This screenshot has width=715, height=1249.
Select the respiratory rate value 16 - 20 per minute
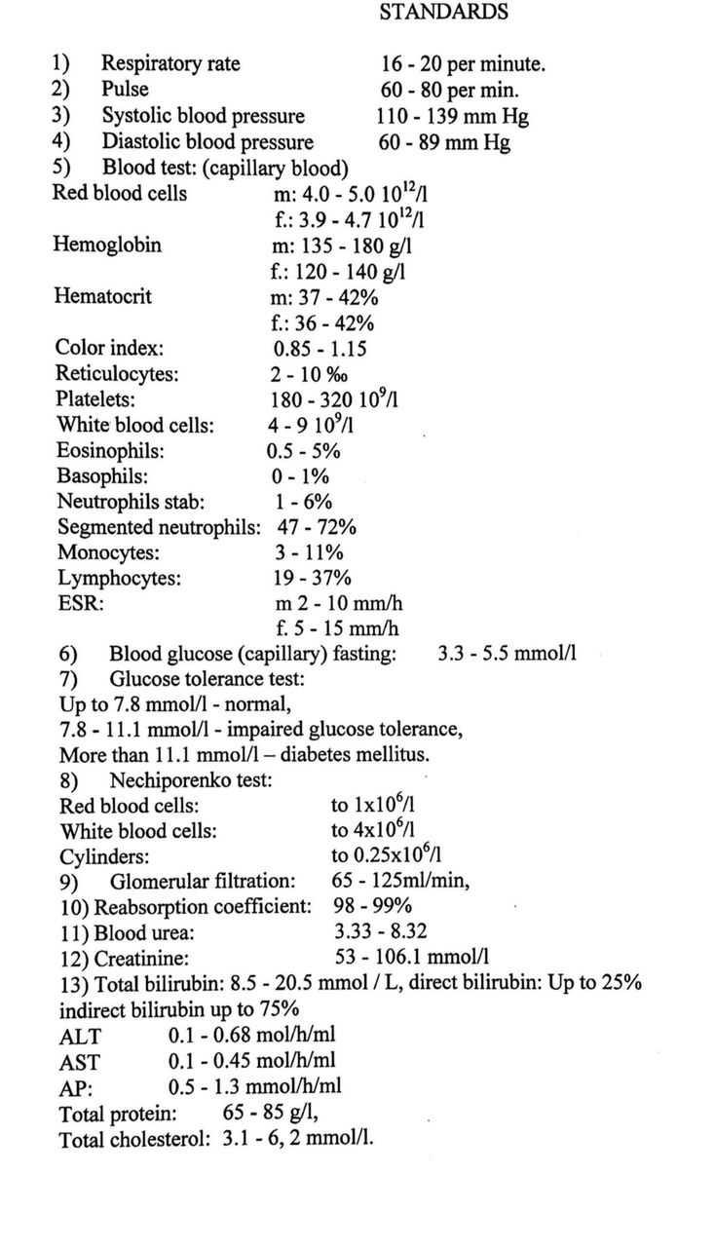pos(463,65)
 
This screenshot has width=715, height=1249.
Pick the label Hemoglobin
pos(107,245)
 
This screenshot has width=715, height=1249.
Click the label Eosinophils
pos(110,451)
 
